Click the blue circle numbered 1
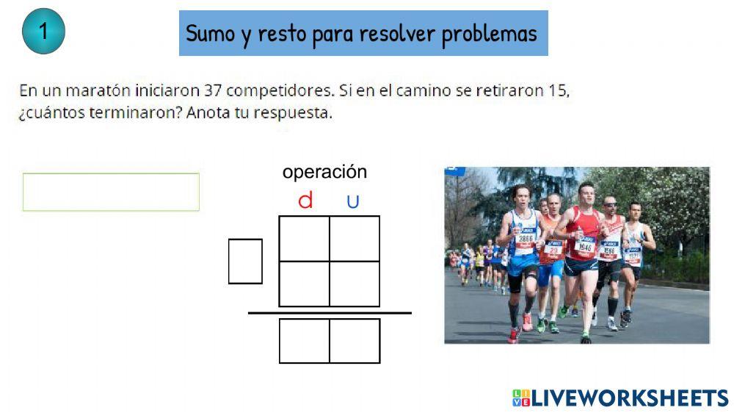44,32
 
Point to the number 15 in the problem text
558,91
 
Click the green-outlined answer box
111,192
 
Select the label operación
324,172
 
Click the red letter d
305,201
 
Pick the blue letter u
353,201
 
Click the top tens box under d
304,238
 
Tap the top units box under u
355,238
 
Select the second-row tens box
304,284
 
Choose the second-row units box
355,284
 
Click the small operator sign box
245,261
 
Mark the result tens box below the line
304,340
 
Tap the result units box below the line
355,340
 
